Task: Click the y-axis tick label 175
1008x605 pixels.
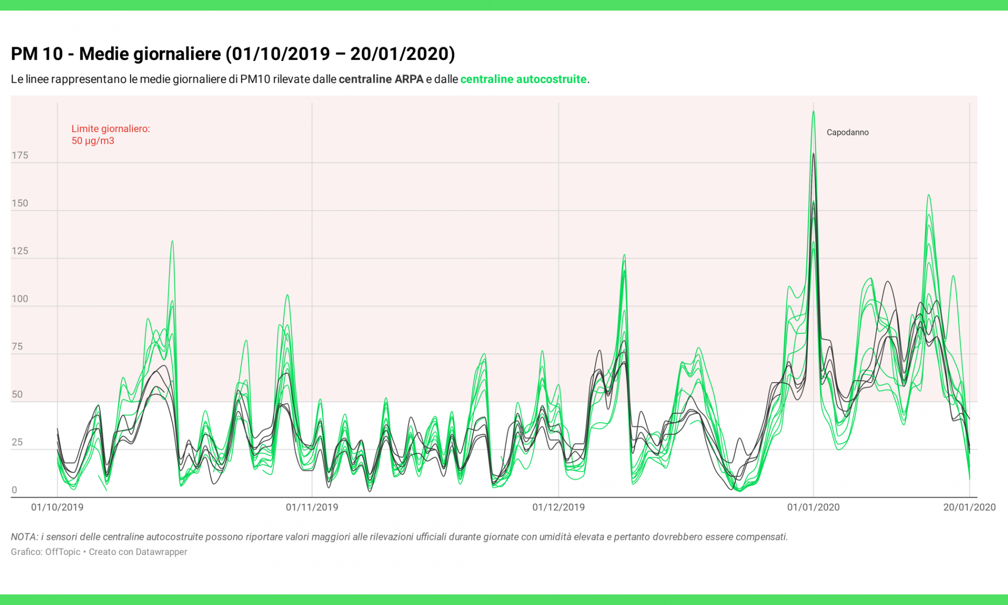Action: [x=20, y=155]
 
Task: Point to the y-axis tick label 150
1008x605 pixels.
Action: [x=20, y=203]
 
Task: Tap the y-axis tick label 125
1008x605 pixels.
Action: [x=20, y=251]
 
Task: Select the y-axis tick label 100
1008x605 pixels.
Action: [x=20, y=298]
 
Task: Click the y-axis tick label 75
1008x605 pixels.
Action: [x=17, y=346]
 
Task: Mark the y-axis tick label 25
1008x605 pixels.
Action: [x=17, y=442]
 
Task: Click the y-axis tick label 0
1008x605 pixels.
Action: [x=14, y=490]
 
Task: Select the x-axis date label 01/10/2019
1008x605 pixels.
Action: [x=57, y=507]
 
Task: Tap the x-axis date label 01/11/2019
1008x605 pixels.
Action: [x=312, y=507]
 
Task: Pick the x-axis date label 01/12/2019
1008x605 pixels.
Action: [x=558, y=507]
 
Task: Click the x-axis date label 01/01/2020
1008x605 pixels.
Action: [x=813, y=507]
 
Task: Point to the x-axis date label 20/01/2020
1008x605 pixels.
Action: [x=969, y=507]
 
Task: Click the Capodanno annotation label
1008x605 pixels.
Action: [x=848, y=133]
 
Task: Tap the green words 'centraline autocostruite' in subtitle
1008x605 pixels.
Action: [x=523, y=79]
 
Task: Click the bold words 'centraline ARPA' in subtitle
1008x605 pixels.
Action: [x=381, y=79]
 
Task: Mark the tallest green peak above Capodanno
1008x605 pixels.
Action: [x=813, y=112]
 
